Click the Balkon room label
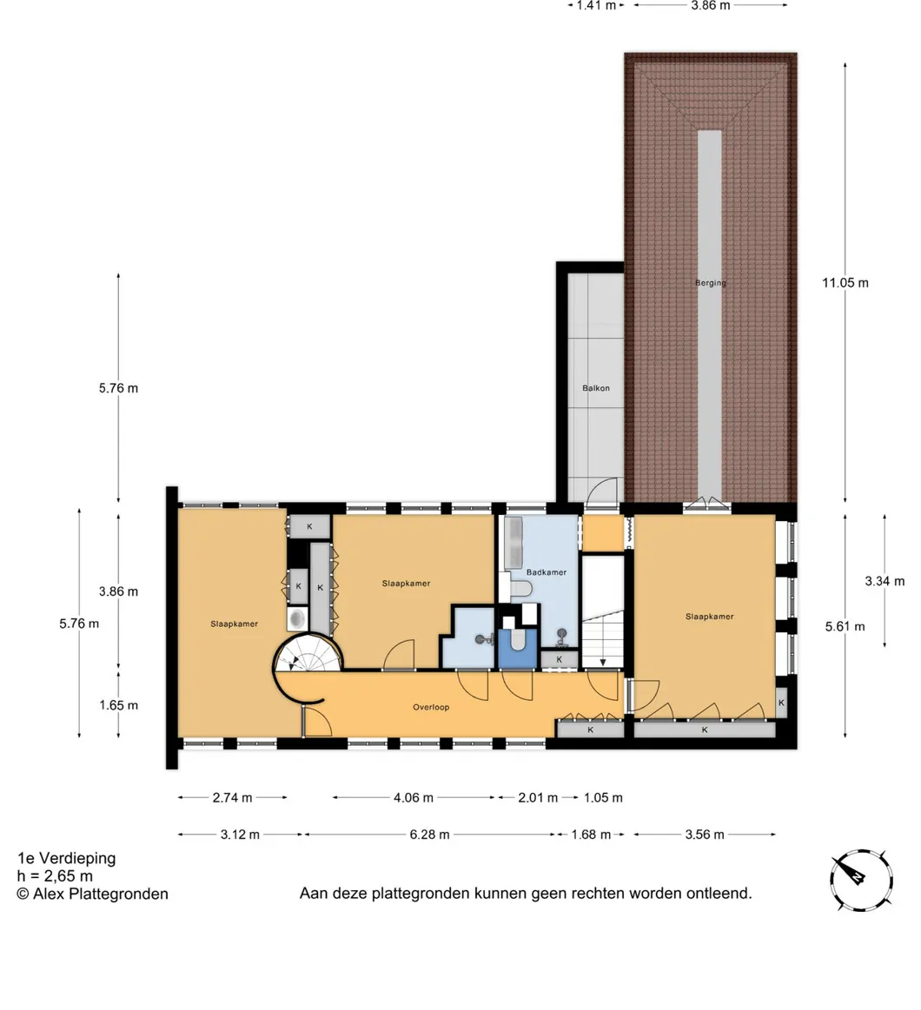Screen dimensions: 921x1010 [595, 388]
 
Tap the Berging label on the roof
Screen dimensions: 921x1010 [710, 282]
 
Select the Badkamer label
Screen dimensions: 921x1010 [546, 572]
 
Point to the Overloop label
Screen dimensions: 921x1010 [431, 707]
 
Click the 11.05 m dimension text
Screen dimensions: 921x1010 [845, 282]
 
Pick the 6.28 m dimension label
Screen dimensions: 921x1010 [430, 835]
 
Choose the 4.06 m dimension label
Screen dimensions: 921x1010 [414, 797]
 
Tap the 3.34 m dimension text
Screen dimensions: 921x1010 [885, 581]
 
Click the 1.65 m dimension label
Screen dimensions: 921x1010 [118, 705]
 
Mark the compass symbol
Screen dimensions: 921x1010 [861, 880]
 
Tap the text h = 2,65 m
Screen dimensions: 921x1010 [55, 876]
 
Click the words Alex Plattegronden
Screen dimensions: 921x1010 [101, 894]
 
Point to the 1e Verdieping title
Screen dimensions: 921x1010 [66, 858]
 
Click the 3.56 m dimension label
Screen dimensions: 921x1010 [705, 835]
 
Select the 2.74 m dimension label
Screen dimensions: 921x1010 [233, 797]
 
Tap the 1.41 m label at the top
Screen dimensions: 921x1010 [596, 6]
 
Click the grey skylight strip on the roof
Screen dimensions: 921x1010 [710, 315]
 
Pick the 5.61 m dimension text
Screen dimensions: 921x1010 [845, 626]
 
